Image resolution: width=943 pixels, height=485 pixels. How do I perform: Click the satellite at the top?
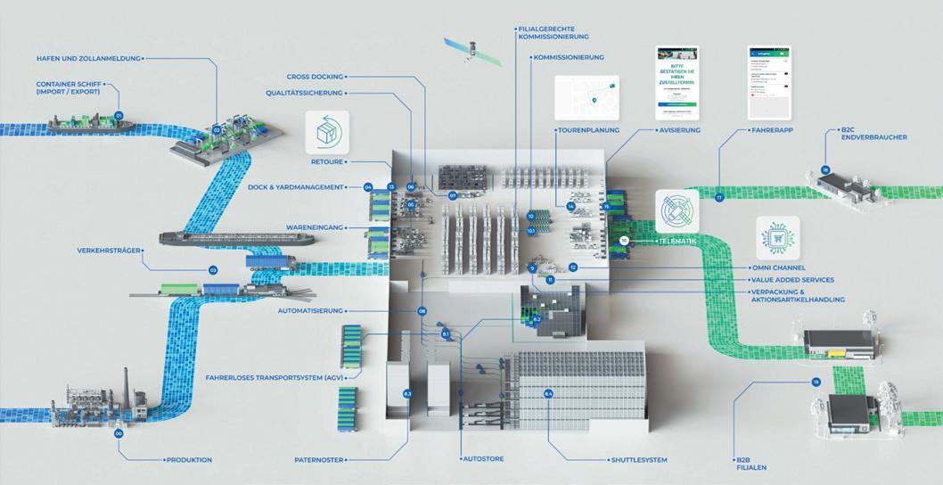click(x=471, y=51)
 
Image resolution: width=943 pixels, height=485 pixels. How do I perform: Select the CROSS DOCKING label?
click(x=316, y=77)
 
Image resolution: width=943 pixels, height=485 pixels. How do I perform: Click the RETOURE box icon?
click(x=327, y=133)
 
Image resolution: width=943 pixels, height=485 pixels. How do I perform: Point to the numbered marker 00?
click(x=119, y=433)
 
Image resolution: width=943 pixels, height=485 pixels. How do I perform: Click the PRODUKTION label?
click(x=189, y=460)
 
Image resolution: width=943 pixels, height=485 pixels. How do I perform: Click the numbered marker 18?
click(x=826, y=170)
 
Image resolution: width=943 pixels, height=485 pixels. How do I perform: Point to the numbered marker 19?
click(x=815, y=382)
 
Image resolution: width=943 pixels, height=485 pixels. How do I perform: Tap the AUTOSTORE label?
click(x=487, y=460)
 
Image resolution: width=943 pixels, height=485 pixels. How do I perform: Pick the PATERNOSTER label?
click(x=320, y=460)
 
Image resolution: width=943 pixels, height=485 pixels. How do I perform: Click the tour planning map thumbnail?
click(x=586, y=98)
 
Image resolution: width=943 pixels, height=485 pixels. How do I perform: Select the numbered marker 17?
click(x=719, y=197)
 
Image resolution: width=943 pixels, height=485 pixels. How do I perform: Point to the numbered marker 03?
click(x=213, y=270)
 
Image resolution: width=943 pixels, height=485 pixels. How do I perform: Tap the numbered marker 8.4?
click(x=549, y=394)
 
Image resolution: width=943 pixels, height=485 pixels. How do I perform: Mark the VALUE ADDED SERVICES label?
click(x=793, y=280)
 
